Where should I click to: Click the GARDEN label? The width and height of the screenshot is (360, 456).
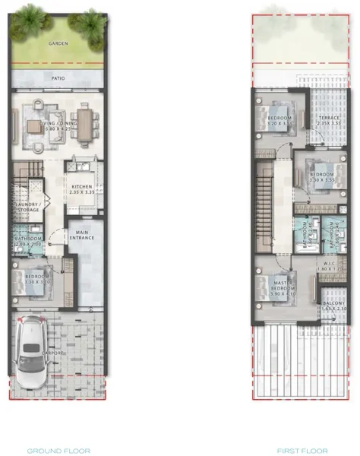(58, 44)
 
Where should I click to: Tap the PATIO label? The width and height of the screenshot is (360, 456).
(58, 78)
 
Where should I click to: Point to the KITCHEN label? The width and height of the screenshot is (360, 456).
(82, 186)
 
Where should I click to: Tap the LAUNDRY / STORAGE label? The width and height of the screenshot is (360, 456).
(27, 207)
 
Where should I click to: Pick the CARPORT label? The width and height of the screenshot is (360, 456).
(53, 353)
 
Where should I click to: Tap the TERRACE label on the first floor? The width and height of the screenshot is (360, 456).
(329, 119)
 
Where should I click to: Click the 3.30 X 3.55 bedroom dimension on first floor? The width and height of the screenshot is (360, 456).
(321, 179)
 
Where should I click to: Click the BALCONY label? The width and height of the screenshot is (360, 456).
(333, 303)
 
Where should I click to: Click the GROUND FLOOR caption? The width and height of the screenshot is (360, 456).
(58, 451)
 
